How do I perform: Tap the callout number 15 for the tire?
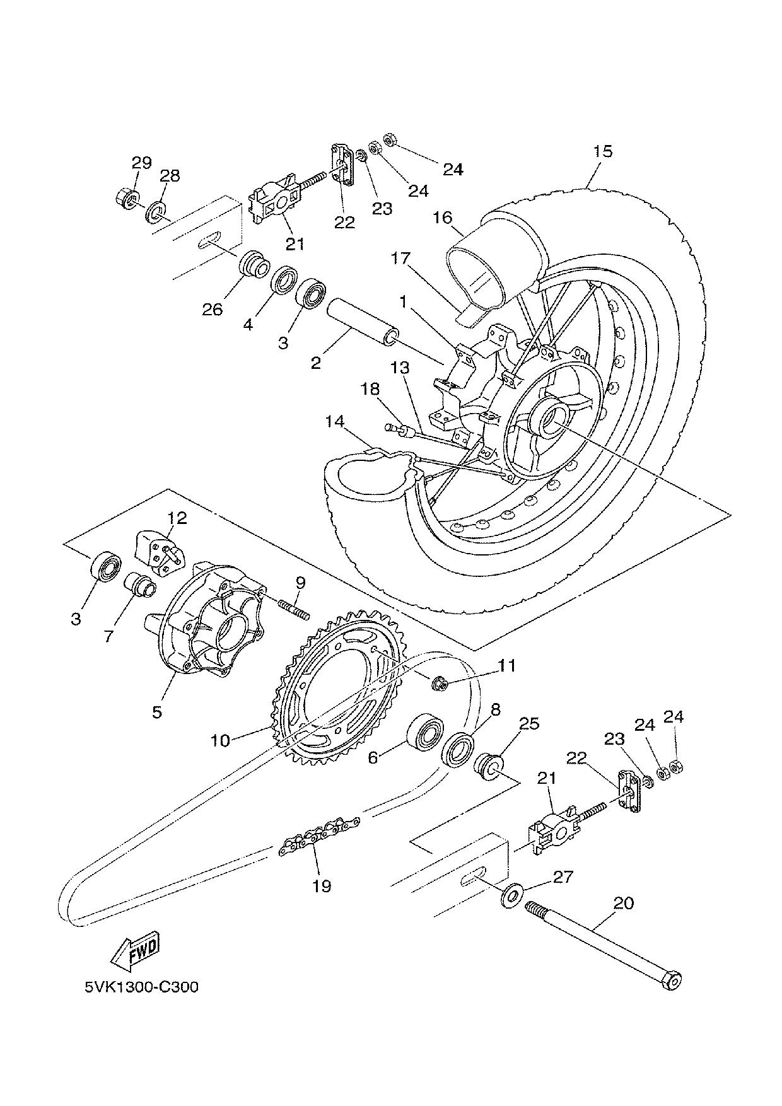602,151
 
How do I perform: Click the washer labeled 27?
510,896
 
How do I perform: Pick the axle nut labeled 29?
126,198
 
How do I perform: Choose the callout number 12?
177,518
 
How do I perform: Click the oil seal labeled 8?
458,748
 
